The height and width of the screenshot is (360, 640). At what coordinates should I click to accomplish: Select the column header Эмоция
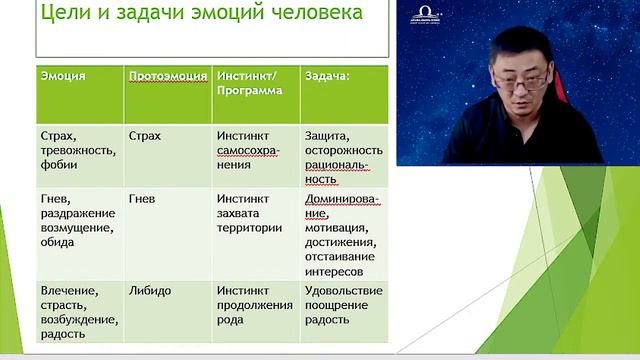click(x=63, y=75)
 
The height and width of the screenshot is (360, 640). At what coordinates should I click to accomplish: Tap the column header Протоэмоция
click(x=166, y=75)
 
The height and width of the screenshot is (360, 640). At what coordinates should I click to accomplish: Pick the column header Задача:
click(x=328, y=75)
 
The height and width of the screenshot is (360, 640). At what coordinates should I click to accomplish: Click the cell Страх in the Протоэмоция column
click(x=145, y=135)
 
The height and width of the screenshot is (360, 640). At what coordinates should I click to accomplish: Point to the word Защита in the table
click(x=326, y=135)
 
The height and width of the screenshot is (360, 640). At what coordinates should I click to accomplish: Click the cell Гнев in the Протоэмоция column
click(x=142, y=198)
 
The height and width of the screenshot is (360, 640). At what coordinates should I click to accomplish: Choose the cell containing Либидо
click(x=150, y=290)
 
